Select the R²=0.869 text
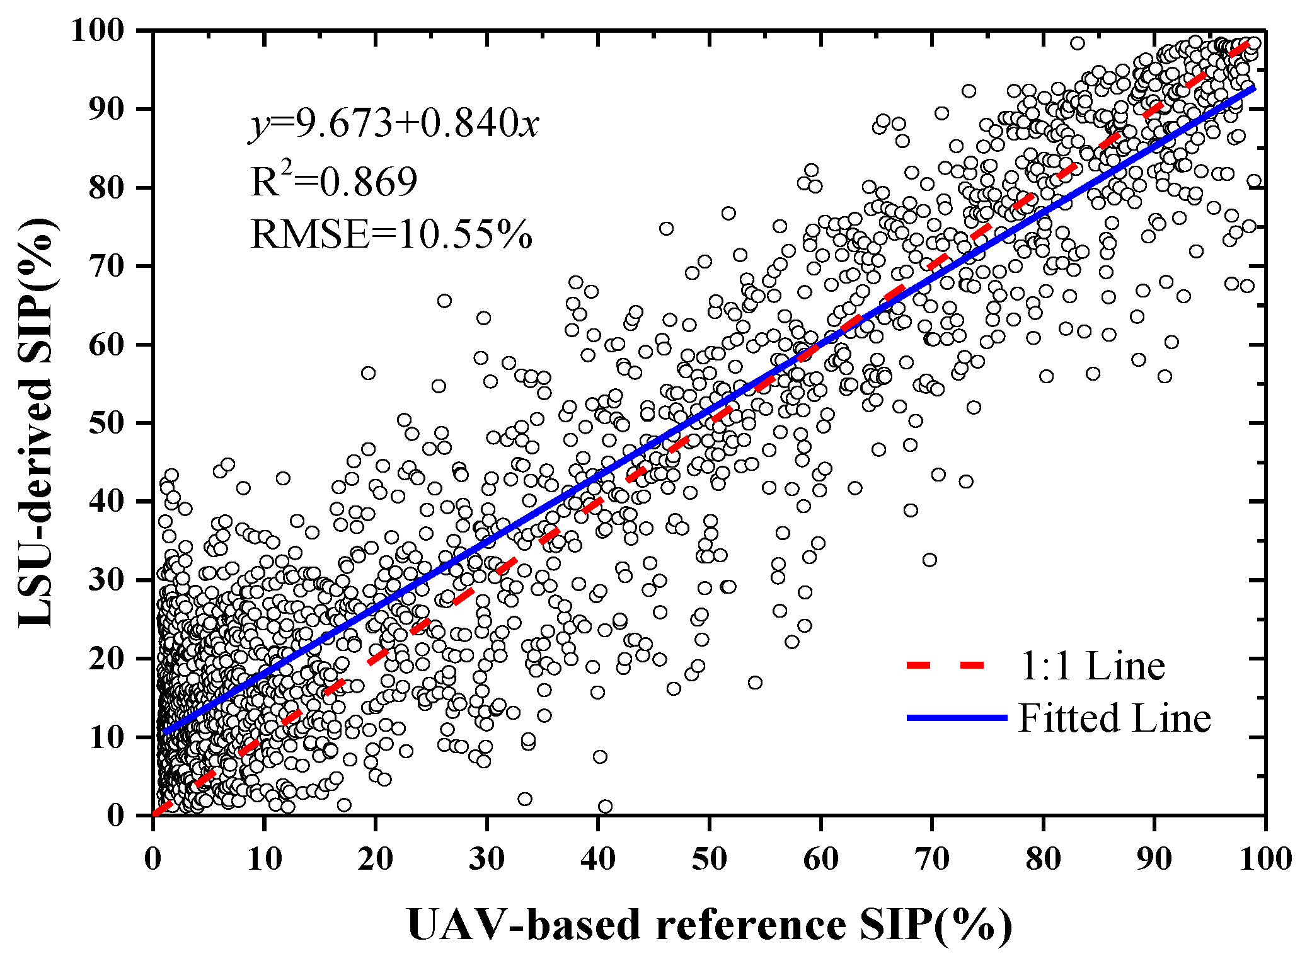tap(334, 182)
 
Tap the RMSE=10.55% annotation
tap(391, 234)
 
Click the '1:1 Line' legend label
tap(1092, 666)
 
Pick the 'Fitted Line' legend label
tap(1114, 718)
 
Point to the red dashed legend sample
tap(945, 666)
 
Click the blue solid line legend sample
tap(957, 718)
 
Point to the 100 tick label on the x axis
tap(1265, 859)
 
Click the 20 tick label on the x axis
tap(376, 859)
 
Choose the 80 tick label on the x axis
tap(1043, 859)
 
